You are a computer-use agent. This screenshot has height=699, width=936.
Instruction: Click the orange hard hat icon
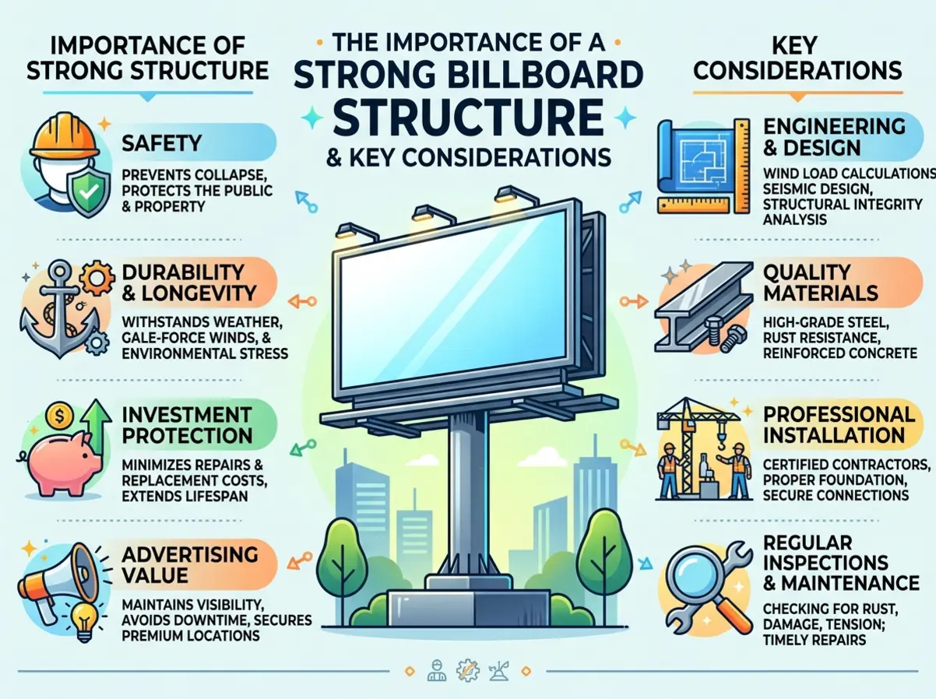(x=64, y=135)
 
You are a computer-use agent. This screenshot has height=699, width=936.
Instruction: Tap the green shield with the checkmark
(x=90, y=192)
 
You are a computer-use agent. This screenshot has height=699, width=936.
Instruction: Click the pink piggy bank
(x=64, y=462)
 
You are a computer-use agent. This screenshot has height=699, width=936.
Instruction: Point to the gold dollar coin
(x=60, y=416)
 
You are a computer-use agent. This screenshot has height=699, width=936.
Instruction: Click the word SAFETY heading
(x=162, y=143)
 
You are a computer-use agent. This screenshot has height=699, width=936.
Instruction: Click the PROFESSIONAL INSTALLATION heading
(x=839, y=425)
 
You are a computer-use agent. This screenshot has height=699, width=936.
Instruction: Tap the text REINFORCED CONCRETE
(x=840, y=353)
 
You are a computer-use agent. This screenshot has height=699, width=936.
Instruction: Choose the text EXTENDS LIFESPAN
(x=185, y=496)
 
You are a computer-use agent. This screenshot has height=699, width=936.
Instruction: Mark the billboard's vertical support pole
(x=468, y=494)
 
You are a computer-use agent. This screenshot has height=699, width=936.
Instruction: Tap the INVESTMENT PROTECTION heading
(x=188, y=425)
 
